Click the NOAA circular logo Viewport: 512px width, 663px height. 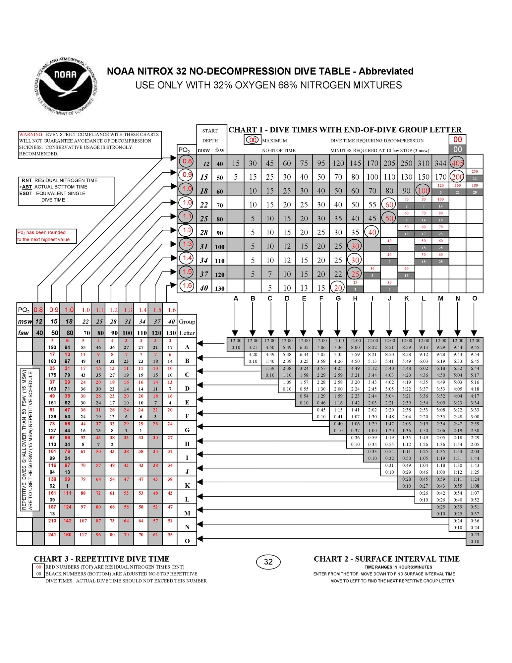tap(66, 85)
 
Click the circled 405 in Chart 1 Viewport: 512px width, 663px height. tap(457, 162)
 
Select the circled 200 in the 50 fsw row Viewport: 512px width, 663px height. tap(457, 176)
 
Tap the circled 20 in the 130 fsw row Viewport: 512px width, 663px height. tap(338, 287)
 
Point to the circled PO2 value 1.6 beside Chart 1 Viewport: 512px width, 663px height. tap(187, 285)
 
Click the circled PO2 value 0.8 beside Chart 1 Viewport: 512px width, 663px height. tap(187, 161)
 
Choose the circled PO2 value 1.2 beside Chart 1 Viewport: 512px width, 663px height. tap(187, 230)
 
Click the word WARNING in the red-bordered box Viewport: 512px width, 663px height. tap(31, 134)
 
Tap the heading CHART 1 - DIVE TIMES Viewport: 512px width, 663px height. tap(345, 130)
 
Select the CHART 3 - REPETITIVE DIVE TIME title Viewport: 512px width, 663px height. tap(101, 559)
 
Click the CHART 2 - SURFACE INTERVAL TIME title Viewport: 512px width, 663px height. tap(386, 559)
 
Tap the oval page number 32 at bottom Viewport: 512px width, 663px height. tap(268, 562)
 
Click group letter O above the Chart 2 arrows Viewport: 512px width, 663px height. tap(475, 298)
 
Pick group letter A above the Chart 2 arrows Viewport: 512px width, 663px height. tap(236, 298)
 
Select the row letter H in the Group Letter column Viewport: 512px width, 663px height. tap(187, 444)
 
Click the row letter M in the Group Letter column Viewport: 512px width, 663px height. tap(187, 513)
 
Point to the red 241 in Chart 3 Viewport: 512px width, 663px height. tap(52, 534)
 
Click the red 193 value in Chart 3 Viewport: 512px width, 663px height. tap(52, 347)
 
